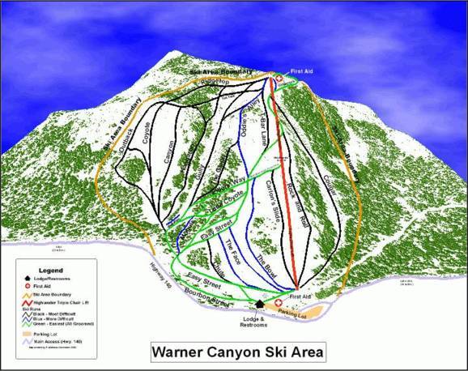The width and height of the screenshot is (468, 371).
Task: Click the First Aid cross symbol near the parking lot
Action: (x=281, y=297)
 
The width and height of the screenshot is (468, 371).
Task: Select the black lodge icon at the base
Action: (x=259, y=303)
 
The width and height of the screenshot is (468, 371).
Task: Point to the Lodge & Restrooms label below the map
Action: (x=258, y=320)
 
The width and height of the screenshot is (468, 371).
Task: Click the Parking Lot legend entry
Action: (x=46, y=333)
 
